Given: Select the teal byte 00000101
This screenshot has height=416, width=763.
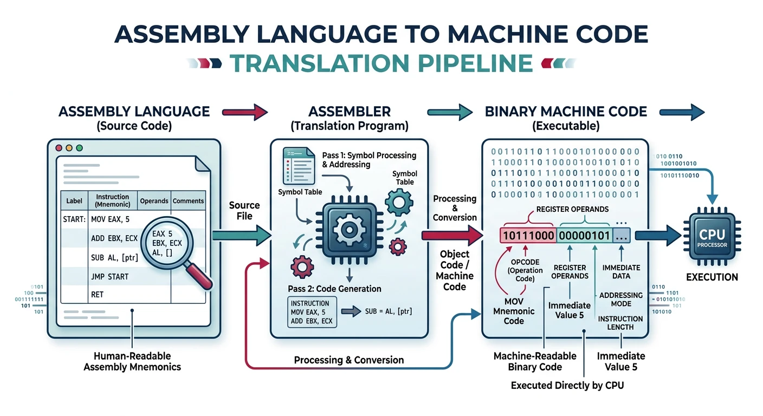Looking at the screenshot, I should tap(583, 235).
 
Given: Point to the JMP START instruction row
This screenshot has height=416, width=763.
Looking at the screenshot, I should tap(110, 276).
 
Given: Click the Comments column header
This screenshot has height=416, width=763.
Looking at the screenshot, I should tap(188, 200).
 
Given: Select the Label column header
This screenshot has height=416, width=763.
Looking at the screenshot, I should tap(74, 200).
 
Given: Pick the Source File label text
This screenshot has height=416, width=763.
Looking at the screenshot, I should tap(244, 210).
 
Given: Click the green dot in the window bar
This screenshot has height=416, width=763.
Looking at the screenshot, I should tap(80, 148).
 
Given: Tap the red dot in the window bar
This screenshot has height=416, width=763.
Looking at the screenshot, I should tap(59, 148).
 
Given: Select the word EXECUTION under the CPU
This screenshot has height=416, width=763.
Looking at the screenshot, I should tap(712, 277).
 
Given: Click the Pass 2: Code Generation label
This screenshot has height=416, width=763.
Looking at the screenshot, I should tap(334, 289).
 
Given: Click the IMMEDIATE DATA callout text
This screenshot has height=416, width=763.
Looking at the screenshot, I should tap(621, 272).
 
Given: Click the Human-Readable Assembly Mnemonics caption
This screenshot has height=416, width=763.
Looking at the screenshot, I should tap(132, 361).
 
